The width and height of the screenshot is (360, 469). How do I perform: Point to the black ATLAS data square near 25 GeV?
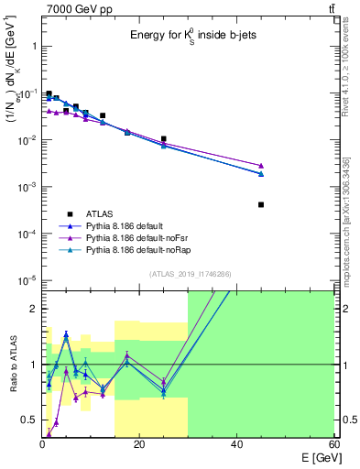163,139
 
